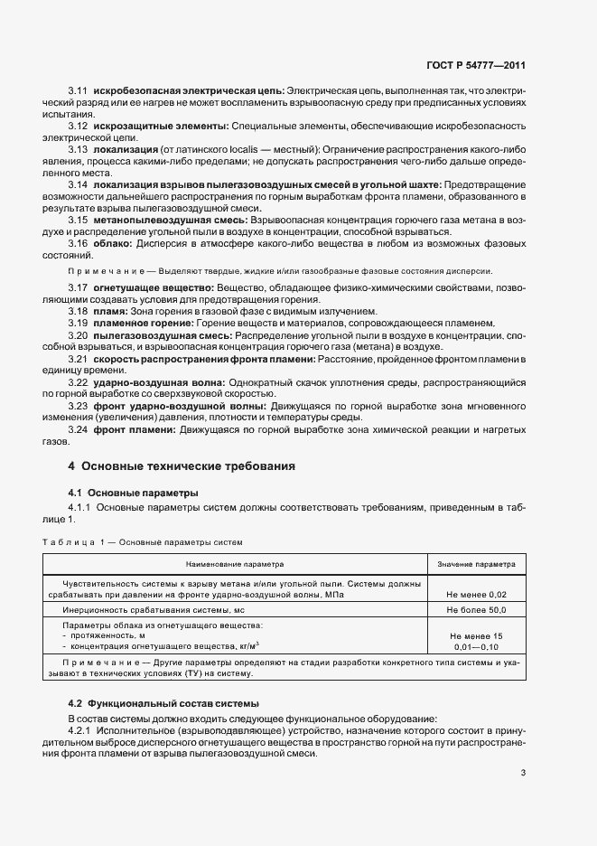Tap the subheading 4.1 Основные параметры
click(134, 493)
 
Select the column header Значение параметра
click(476, 564)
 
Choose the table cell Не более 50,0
click(476, 611)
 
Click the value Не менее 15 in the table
click(476, 636)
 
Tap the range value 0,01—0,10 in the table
click(476, 647)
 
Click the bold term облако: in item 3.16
click(112, 244)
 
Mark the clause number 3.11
click(78, 91)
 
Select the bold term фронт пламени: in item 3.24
click(132, 429)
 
